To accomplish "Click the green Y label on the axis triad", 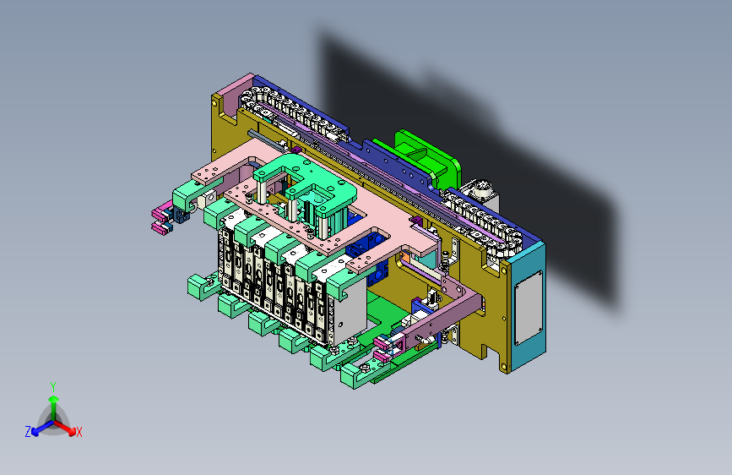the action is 53,387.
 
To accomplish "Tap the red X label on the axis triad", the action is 79,432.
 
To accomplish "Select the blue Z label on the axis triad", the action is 28,432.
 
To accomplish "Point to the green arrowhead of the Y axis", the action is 54,400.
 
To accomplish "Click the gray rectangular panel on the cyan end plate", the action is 529,308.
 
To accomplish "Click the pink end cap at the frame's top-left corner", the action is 231,94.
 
